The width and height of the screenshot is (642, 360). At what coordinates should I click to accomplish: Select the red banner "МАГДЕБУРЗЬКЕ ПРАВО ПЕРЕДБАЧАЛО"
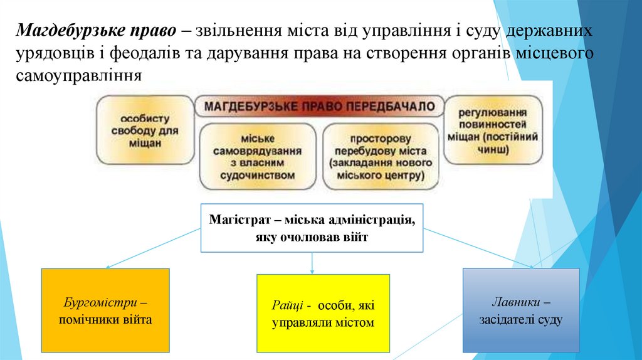[320, 106]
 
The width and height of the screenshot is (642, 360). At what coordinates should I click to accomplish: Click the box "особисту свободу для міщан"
[144, 130]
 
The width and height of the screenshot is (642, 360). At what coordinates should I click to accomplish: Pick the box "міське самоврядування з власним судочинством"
[257, 157]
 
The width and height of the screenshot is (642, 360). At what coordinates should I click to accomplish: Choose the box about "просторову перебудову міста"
[381, 157]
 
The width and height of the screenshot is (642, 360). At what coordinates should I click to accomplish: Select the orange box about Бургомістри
[105, 310]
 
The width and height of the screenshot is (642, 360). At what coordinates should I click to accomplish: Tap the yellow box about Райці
[323, 314]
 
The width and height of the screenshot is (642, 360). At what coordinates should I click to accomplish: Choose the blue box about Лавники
[520, 310]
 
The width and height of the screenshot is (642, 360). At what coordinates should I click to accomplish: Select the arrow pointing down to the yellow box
[312, 263]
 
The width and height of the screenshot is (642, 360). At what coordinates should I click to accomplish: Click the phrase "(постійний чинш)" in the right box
[492, 144]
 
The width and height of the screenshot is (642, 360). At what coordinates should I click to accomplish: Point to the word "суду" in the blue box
[549, 319]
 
